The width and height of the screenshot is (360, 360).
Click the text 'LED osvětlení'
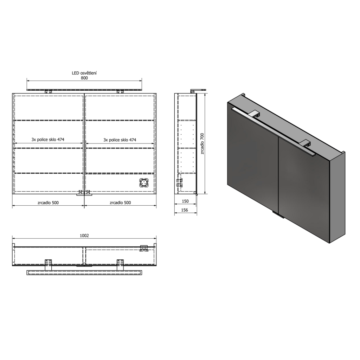[84, 73]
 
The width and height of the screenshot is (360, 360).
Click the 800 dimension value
[84, 78]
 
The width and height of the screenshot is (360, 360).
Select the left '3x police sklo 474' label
[48, 140]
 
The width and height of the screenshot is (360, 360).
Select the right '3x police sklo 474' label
[120, 140]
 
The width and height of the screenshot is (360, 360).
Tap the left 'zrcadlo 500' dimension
[48, 202]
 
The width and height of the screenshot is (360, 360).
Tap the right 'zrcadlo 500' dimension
[120, 202]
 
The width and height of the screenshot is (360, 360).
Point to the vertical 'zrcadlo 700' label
[203, 143]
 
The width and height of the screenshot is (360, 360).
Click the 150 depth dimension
[185, 201]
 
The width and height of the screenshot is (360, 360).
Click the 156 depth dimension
[185, 210]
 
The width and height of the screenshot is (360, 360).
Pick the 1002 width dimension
[84, 236]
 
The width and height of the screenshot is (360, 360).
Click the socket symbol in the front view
[144, 183]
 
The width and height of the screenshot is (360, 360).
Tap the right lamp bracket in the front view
[120, 91]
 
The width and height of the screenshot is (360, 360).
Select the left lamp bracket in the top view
[49, 264]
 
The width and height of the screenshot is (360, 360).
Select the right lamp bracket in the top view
[120, 264]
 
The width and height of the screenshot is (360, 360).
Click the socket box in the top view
[144, 248]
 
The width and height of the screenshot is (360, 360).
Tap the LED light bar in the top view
[84, 273]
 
